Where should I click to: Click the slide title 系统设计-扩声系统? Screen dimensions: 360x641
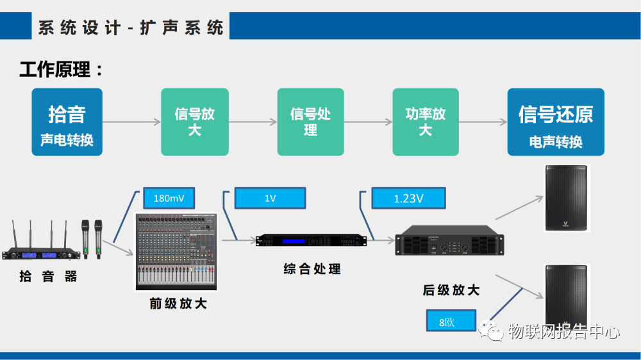click(x=131, y=28)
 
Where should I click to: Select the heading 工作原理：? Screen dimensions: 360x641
click(x=61, y=69)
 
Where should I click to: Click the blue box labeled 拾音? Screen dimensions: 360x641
click(x=67, y=122)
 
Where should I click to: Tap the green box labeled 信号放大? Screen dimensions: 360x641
click(x=194, y=122)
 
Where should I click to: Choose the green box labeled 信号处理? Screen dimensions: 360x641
click(x=310, y=122)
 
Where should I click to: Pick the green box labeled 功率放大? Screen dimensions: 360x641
click(x=426, y=122)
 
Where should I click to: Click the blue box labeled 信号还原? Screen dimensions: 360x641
click(x=555, y=122)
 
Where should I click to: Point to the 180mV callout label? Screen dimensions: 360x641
click(x=169, y=198)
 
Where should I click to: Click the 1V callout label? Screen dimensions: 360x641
click(x=270, y=199)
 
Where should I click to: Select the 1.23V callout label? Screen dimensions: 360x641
click(x=408, y=199)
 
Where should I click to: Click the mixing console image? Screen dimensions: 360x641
click(x=177, y=252)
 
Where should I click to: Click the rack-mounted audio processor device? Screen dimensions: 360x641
click(x=311, y=240)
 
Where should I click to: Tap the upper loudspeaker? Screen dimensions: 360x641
click(x=565, y=198)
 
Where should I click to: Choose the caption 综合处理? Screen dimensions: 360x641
click(x=312, y=269)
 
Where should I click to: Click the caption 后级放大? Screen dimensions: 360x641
click(x=451, y=290)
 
